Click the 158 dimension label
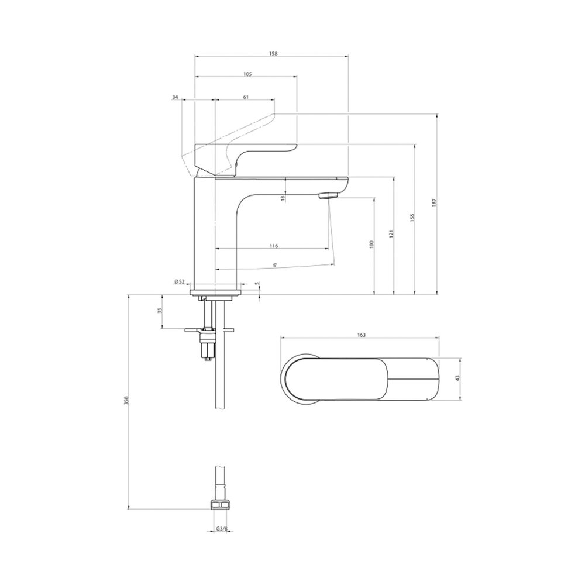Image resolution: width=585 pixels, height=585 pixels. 273,54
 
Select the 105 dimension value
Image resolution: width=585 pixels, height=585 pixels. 247,74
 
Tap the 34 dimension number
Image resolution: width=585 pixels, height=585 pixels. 175,97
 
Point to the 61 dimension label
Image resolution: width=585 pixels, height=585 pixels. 246,97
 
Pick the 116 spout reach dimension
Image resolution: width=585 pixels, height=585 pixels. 274,246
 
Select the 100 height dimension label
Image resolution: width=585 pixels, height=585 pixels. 371,245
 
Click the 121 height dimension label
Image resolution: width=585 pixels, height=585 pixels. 391,234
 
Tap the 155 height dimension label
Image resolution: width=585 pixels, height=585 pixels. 412,217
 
